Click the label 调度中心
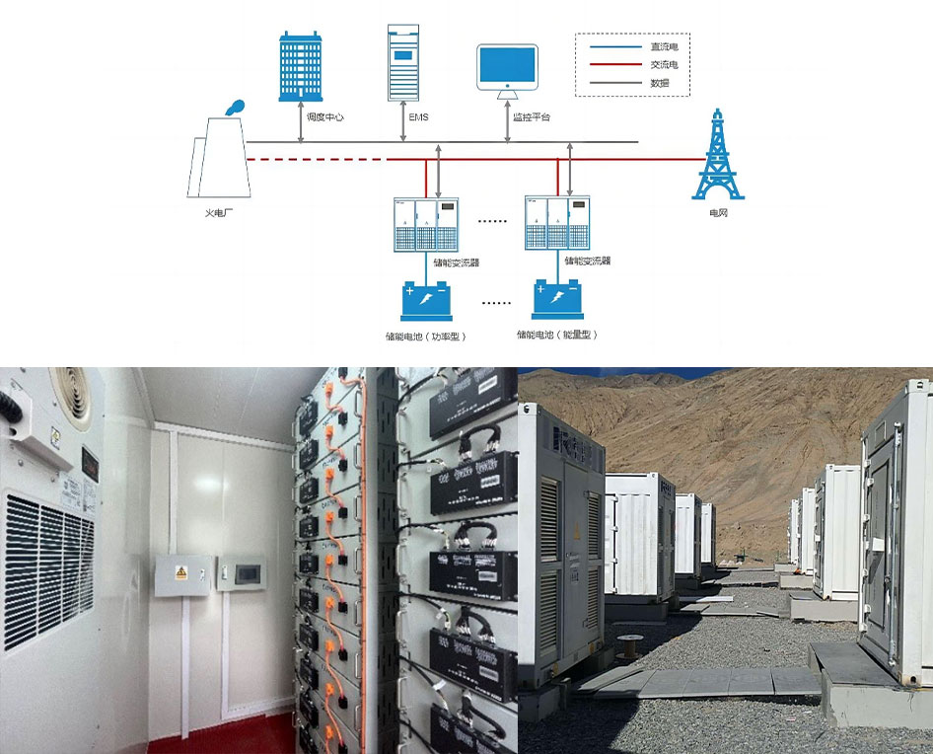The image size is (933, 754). click(326, 117)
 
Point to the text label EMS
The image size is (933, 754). click(419, 117)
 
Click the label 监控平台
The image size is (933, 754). click(532, 117)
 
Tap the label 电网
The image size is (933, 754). click(718, 212)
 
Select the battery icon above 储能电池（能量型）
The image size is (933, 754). click(557, 298)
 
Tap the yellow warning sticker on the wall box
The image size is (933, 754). click(182, 572)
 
